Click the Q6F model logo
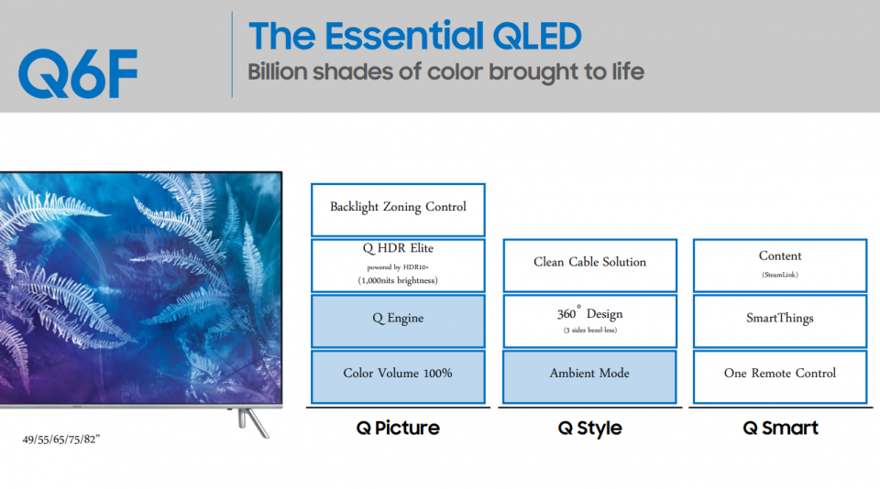click(x=78, y=73)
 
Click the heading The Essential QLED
click(x=414, y=36)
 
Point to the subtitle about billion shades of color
click(x=445, y=72)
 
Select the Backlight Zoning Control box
click(x=398, y=210)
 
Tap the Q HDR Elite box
click(x=398, y=266)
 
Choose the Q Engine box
click(x=398, y=321)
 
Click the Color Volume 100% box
click(x=398, y=377)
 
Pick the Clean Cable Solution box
click(x=589, y=266)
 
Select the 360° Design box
click(x=589, y=321)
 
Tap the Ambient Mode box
click(x=589, y=377)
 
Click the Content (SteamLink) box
click(x=780, y=266)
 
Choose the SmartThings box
click(x=780, y=321)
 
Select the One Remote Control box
click(x=780, y=377)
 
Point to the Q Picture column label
click(x=398, y=429)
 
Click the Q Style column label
click(x=589, y=429)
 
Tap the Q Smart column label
click(x=780, y=429)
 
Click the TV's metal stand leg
click(x=254, y=423)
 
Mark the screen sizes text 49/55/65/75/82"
click(x=61, y=440)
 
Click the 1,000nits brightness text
click(x=398, y=280)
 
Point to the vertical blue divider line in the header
click(x=232, y=54)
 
